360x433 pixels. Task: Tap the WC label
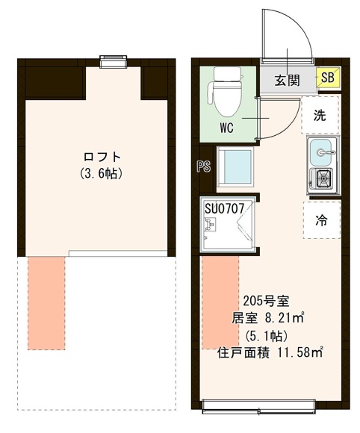pyautogui.click(x=227, y=127)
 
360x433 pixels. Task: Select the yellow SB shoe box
pyautogui.click(x=327, y=77)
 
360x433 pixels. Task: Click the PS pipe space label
pyautogui.click(x=202, y=166)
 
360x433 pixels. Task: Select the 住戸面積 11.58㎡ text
pyautogui.click(x=270, y=350)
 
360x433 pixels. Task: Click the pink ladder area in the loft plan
pyautogui.click(x=47, y=302)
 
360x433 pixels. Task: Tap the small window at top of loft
pyautogui.click(x=114, y=60)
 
